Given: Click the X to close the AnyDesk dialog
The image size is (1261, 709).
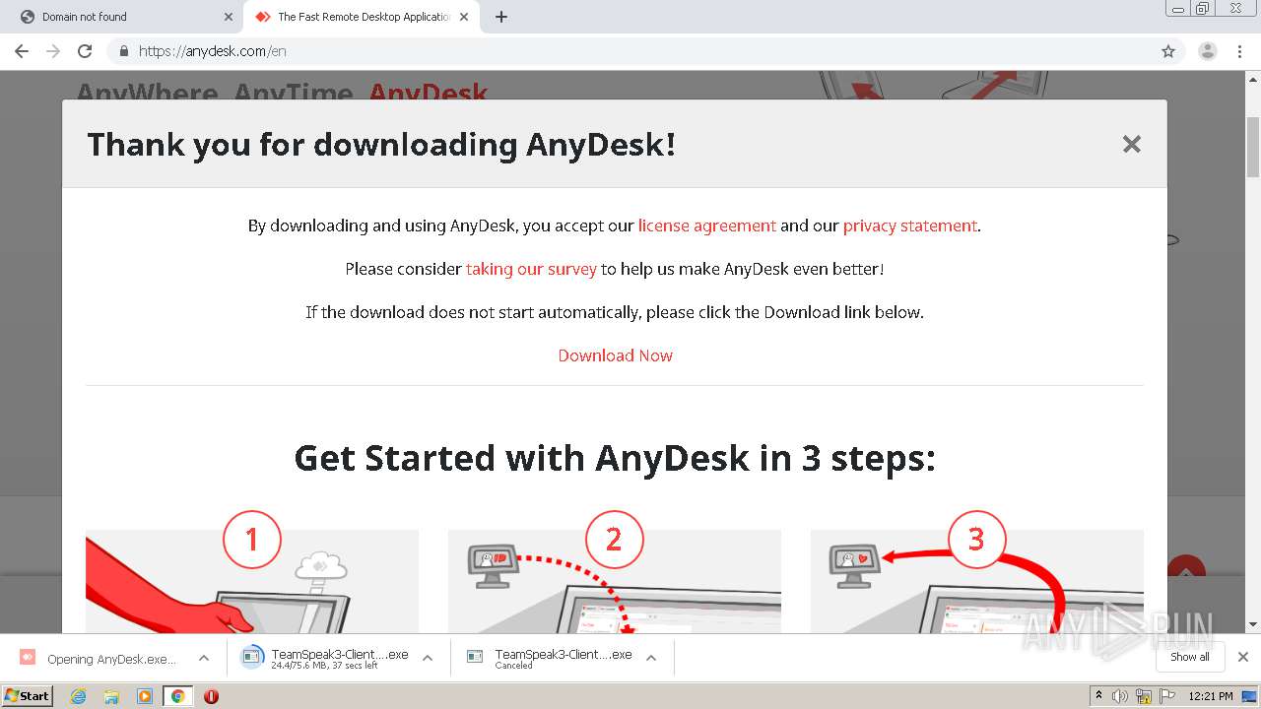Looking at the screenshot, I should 1131,145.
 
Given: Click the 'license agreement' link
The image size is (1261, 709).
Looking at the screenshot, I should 706,226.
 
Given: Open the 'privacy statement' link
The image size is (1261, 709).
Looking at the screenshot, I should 909,226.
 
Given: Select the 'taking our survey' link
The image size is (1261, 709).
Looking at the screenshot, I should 531,269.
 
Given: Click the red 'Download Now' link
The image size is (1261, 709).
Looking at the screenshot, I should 615,355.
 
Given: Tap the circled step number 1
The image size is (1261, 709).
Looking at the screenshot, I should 251,539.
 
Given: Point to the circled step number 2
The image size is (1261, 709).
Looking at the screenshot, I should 614,539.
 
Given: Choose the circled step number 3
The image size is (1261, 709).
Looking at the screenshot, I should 976,539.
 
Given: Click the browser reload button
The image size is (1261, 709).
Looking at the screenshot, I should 85,51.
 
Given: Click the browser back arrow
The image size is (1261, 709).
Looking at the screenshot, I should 22,51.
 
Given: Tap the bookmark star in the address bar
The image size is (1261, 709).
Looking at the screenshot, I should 1168,51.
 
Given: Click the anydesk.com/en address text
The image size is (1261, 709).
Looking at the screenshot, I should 212,51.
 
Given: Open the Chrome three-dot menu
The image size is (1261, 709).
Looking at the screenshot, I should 1239,51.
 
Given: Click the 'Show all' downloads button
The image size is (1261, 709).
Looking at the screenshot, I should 1189,657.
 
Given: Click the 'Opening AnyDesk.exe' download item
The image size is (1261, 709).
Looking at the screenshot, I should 110,659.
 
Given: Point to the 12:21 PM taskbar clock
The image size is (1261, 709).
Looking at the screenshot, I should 1211,696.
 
